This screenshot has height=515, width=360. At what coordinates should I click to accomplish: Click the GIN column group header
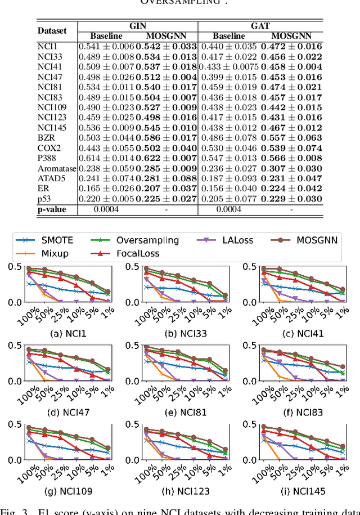(137, 25)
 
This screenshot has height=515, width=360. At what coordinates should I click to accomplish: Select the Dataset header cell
(52, 30)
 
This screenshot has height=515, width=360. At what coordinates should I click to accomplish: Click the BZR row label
(46, 138)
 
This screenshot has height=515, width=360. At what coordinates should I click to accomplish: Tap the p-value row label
(52, 209)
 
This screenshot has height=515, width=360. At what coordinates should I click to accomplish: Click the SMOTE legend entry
(49, 240)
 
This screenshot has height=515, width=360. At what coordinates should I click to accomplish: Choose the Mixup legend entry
(48, 253)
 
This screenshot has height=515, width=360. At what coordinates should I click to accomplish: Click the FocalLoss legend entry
(134, 253)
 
